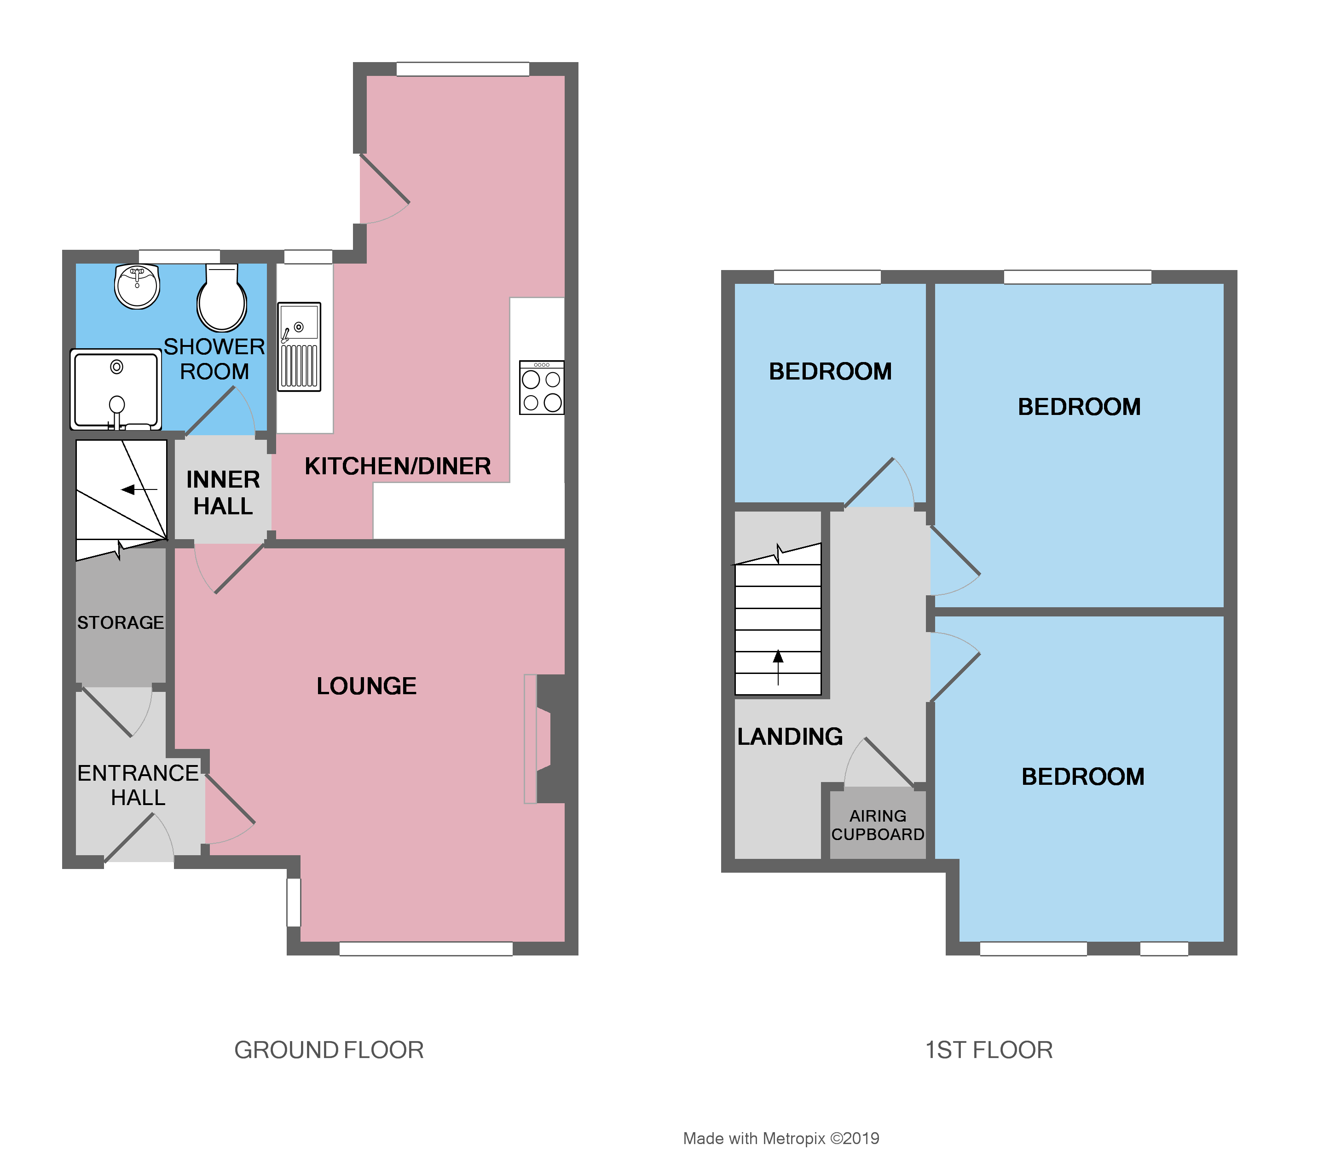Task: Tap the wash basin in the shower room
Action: tap(137, 286)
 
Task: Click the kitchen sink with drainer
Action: tap(299, 347)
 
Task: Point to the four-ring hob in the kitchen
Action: tap(542, 387)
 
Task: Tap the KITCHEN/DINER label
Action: tap(397, 466)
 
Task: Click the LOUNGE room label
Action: tap(366, 686)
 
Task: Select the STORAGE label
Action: tap(120, 622)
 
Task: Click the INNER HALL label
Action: tap(223, 493)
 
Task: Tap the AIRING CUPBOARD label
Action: tap(877, 825)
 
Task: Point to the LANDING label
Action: tap(790, 736)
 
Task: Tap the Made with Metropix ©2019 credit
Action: tap(781, 1138)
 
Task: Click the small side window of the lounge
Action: tap(293, 903)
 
